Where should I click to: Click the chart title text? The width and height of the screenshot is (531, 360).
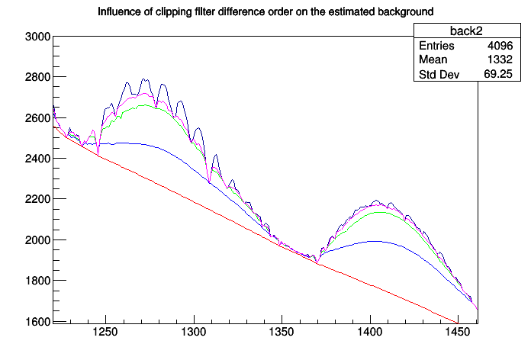tap(266, 12)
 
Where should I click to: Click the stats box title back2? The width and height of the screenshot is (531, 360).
tap(465, 31)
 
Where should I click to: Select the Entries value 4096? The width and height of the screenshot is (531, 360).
tap(499, 46)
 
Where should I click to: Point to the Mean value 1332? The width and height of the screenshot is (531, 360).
tap(499, 60)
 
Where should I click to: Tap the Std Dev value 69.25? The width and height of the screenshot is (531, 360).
tap(497, 75)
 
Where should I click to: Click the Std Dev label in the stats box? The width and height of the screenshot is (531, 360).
tap(440, 75)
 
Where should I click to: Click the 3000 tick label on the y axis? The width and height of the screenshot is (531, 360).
tap(37, 37)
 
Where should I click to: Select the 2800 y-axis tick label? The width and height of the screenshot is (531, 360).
tap(37, 77)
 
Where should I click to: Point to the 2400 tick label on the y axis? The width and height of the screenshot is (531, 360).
tap(37, 159)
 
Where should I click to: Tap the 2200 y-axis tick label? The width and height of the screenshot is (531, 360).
tap(37, 199)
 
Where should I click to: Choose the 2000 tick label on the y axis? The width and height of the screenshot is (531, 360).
tap(37, 240)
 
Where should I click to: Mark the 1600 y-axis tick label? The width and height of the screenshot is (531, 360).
tap(37, 322)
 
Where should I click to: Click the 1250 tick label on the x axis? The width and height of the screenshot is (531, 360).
tap(105, 333)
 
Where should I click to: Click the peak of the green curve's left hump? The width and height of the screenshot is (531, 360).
tap(143, 106)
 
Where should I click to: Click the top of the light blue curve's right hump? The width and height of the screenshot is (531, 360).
tap(374, 241)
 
